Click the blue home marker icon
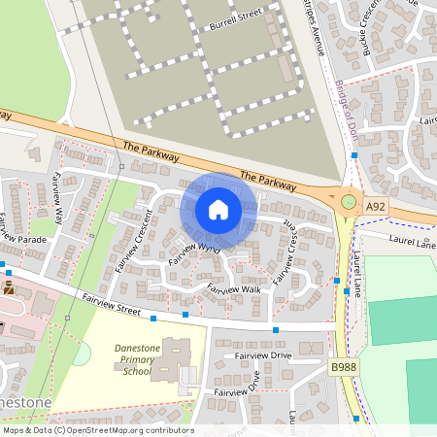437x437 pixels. coord(218,210)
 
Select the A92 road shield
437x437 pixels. coord(376,207)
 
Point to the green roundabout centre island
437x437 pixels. coord(349,203)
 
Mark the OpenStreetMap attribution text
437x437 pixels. coord(98,429)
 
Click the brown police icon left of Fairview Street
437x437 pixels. coord(9,288)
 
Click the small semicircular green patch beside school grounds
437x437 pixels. coord(82,354)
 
